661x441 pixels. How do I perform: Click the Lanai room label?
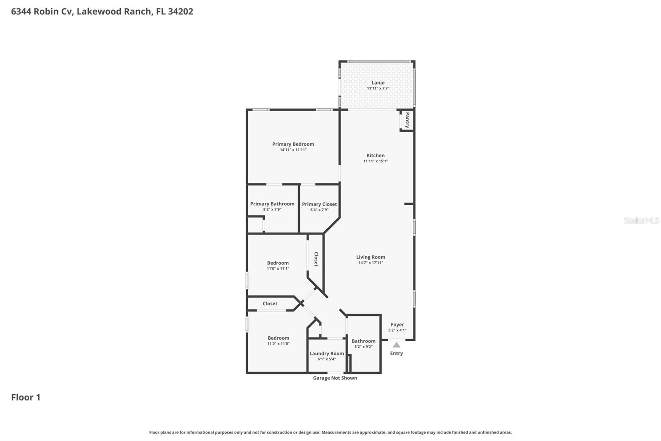378,83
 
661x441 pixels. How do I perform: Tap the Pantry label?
407,120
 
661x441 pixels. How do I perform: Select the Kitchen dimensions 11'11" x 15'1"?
376,161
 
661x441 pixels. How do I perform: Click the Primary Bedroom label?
293,144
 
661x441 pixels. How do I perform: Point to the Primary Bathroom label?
272,204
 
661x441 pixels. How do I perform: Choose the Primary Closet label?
319,204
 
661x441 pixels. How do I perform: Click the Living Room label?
371,257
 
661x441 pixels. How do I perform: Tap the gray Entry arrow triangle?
396,345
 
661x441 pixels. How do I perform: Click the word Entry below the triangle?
396,353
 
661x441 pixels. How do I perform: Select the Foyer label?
397,325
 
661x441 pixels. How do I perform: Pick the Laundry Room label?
326,353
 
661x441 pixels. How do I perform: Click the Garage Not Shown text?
335,378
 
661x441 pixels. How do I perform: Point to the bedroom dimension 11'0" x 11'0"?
278,343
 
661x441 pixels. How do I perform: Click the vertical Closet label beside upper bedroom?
316,259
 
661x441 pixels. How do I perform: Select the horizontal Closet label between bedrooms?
270,304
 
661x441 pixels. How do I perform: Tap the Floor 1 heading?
26,397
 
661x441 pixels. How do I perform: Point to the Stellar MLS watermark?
641,220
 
